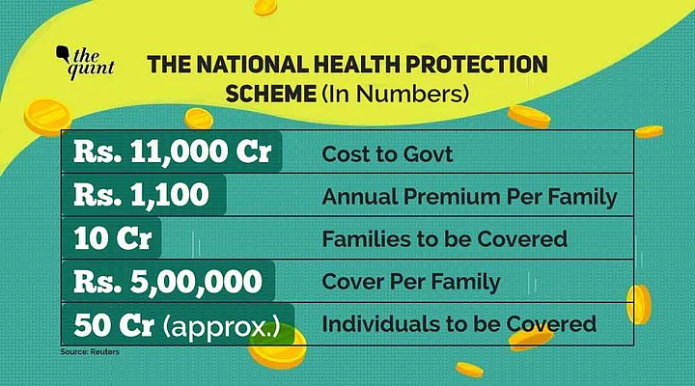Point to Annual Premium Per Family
tap(469, 198)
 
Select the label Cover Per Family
tap(411, 283)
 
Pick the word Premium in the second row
tap(446, 198)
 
